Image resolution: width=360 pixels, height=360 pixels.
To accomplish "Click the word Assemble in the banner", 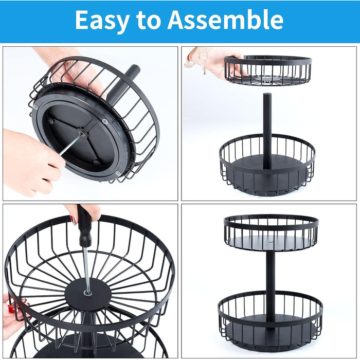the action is tap(226, 20).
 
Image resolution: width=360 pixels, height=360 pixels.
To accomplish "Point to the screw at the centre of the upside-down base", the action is tap(82, 133).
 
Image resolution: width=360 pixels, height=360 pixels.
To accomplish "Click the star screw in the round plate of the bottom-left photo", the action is tap(88, 293).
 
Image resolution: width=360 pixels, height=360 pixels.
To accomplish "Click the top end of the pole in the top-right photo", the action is tap(266, 94).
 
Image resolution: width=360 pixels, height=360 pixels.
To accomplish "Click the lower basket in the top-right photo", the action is tap(267, 166).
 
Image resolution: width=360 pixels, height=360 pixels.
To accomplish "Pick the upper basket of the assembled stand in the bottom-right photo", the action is tap(271, 232).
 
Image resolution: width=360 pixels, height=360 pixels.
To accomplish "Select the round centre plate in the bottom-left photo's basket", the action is tap(88, 294).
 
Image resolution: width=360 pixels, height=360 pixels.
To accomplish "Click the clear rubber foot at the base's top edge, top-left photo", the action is tap(104, 121).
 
